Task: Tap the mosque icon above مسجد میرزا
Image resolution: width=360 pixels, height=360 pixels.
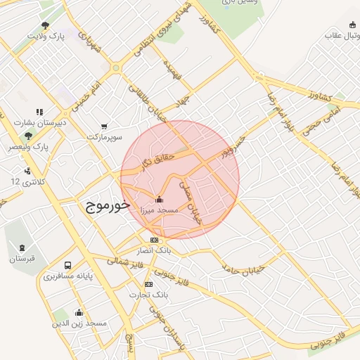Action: [159, 198]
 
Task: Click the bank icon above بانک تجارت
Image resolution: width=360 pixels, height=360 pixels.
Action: [148, 284]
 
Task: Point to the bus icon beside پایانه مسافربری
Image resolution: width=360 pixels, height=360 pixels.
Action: [67, 266]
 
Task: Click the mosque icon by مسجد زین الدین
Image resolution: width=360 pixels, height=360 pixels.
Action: [79, 312]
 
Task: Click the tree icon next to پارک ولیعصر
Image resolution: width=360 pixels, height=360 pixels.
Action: [28, 136]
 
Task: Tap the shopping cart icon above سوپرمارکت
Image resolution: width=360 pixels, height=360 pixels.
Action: [104, 127]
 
